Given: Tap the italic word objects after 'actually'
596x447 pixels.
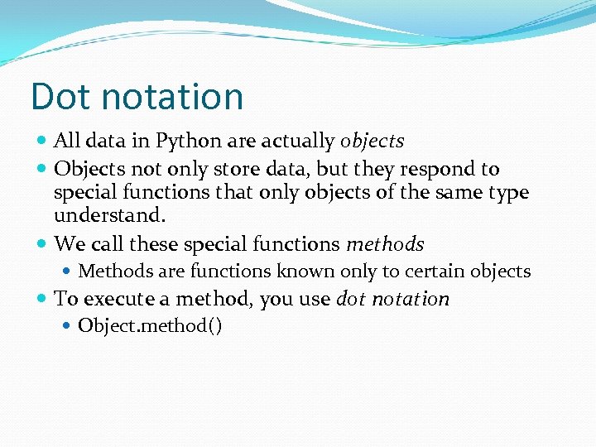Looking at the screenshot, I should (372, 142).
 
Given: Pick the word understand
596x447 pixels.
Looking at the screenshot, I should (109, 216).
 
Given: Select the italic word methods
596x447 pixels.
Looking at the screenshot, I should (385, 244).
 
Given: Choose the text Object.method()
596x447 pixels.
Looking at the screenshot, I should (150, 326).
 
